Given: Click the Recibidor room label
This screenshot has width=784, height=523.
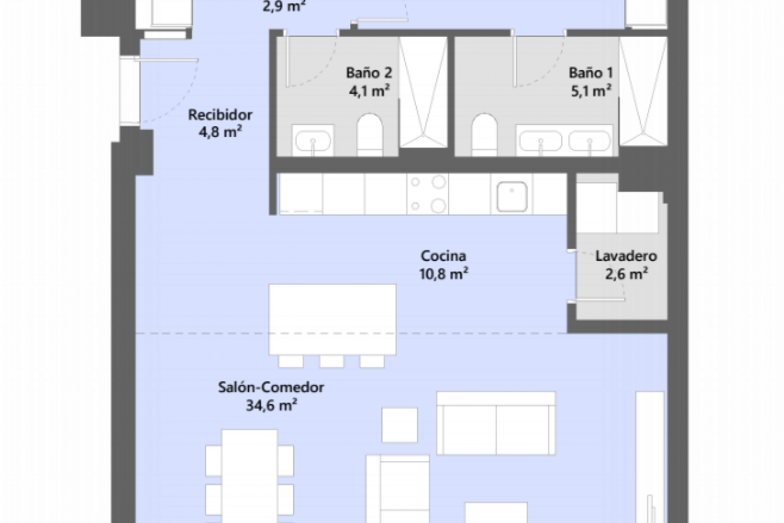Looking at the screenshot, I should (220, 115).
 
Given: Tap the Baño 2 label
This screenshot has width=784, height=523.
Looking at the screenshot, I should (369, 73).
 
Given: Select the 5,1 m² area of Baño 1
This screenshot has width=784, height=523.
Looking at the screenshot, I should (591, 91).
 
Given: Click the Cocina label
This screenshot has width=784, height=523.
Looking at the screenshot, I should (443, 256).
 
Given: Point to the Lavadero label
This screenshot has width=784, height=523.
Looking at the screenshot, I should (626, 256).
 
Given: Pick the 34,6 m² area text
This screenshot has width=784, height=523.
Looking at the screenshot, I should (271, 405).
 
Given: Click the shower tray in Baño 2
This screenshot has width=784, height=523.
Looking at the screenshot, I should (423, 92).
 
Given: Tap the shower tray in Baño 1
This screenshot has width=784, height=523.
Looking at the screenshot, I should (643, 92).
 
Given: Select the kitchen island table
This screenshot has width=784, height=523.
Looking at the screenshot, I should (332, 319).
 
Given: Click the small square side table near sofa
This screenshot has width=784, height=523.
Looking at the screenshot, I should (399, 425).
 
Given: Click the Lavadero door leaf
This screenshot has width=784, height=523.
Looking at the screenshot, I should (600, 300).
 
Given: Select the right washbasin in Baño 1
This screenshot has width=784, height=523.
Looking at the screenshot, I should (589, 141).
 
